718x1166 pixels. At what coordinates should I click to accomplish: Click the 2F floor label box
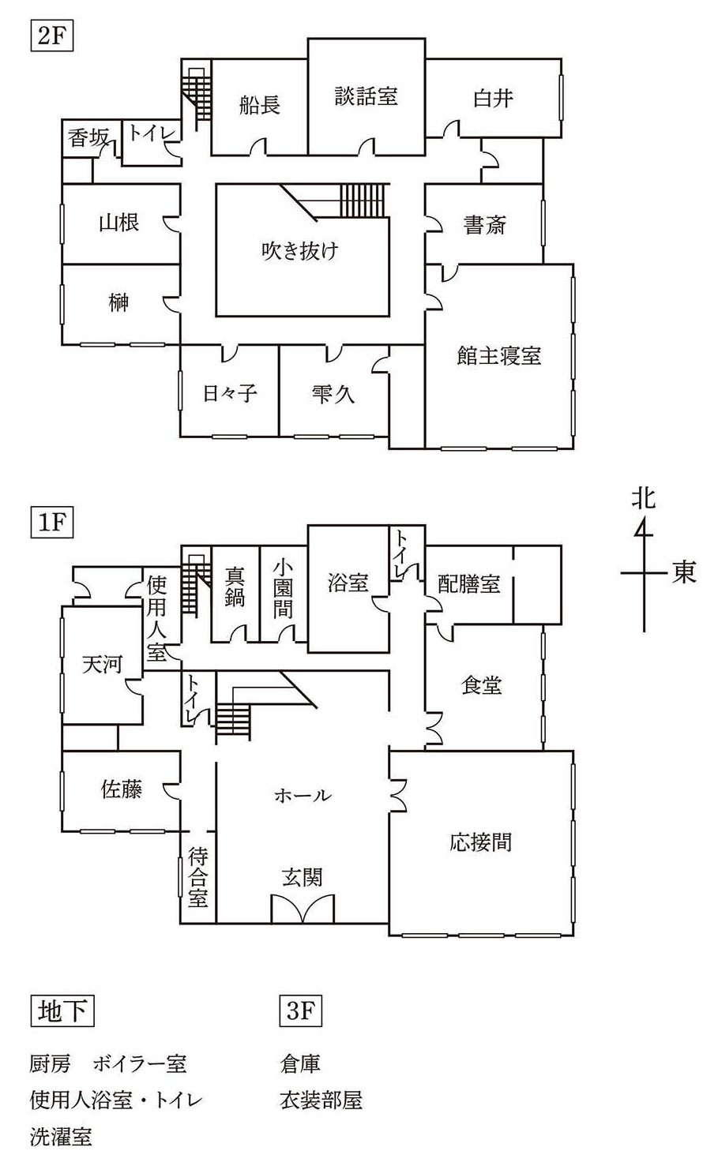coord(51,38)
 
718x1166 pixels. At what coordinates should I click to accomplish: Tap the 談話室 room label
coord(366,97)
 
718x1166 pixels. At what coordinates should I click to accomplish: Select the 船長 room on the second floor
coord(260,105)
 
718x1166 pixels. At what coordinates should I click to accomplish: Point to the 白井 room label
coord(493,99)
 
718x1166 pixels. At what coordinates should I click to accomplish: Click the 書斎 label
coord(484,226)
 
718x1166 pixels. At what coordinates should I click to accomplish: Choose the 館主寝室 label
coord(498,355)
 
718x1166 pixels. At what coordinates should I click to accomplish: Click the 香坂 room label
coord(88,138)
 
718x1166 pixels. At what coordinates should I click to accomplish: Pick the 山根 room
coord(119,223)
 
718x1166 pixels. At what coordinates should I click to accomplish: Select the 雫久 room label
coord(333,393)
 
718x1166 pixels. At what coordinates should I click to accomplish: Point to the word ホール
coord(303,795)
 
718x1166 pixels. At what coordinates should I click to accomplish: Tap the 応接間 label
coord(480,842)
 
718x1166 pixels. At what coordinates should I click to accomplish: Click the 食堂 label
coord(482,685)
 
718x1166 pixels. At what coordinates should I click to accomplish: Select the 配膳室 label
coord(469,585)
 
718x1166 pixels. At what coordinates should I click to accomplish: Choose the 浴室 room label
coord(348,583)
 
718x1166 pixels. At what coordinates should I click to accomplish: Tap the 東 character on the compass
coord(684,572)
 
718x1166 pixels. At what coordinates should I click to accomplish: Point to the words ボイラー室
coord(140,1064)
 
